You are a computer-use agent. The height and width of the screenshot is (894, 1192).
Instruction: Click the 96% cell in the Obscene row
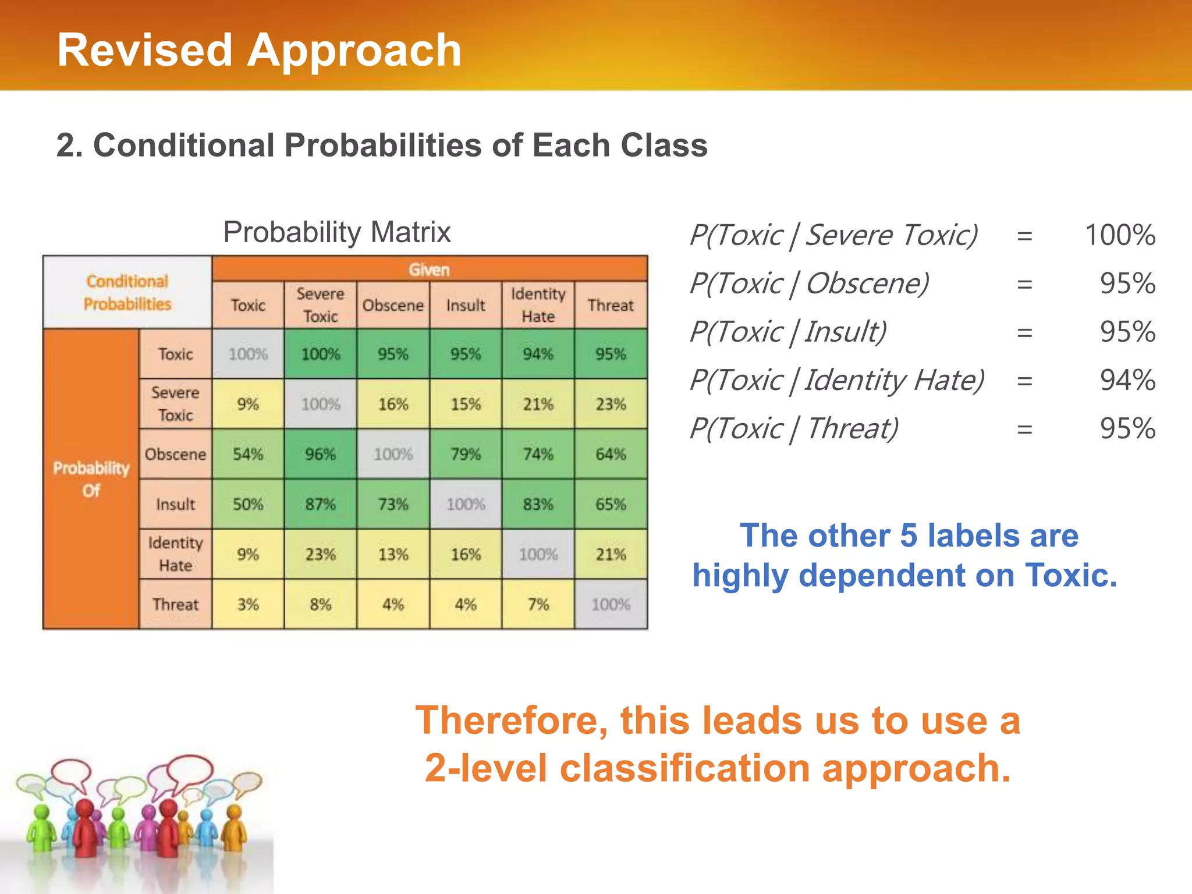click(320, 454)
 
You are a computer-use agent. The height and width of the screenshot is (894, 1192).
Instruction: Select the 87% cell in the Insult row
click(320, 504)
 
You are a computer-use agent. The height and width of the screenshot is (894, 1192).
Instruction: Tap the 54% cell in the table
click(248, 454)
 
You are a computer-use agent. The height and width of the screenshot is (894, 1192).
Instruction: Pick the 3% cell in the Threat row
click(248, 604)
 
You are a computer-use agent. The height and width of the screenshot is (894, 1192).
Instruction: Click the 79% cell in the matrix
click(466, 454)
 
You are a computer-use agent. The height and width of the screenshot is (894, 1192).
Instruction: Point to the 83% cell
click(538, 504)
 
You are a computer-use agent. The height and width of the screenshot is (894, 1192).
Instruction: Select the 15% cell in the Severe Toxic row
click(466, 404)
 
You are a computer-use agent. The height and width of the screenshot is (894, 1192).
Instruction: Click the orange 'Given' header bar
click(430, 269)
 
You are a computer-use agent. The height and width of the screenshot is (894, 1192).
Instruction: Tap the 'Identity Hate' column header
click(538, 305)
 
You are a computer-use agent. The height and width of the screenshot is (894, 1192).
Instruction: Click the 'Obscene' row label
click(175, 454)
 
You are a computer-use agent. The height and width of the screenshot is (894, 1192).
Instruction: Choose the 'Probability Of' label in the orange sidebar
click(91, 479)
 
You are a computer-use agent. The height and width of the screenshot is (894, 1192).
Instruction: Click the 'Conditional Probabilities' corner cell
click(127, 292)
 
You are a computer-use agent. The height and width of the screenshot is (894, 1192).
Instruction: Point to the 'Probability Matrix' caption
click(337, 232)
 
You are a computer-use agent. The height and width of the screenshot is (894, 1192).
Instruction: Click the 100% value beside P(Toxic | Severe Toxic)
click(1120, 235)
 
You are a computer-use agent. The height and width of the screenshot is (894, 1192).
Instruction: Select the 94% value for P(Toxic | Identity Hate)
click(1127, 380)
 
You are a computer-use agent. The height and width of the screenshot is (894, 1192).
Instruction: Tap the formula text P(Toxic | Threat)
click(794, 429)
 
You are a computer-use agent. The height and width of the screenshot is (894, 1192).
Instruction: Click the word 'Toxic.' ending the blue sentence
click(1071, 575)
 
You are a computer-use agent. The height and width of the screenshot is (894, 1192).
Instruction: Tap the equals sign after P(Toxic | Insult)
click(1024, 332)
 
